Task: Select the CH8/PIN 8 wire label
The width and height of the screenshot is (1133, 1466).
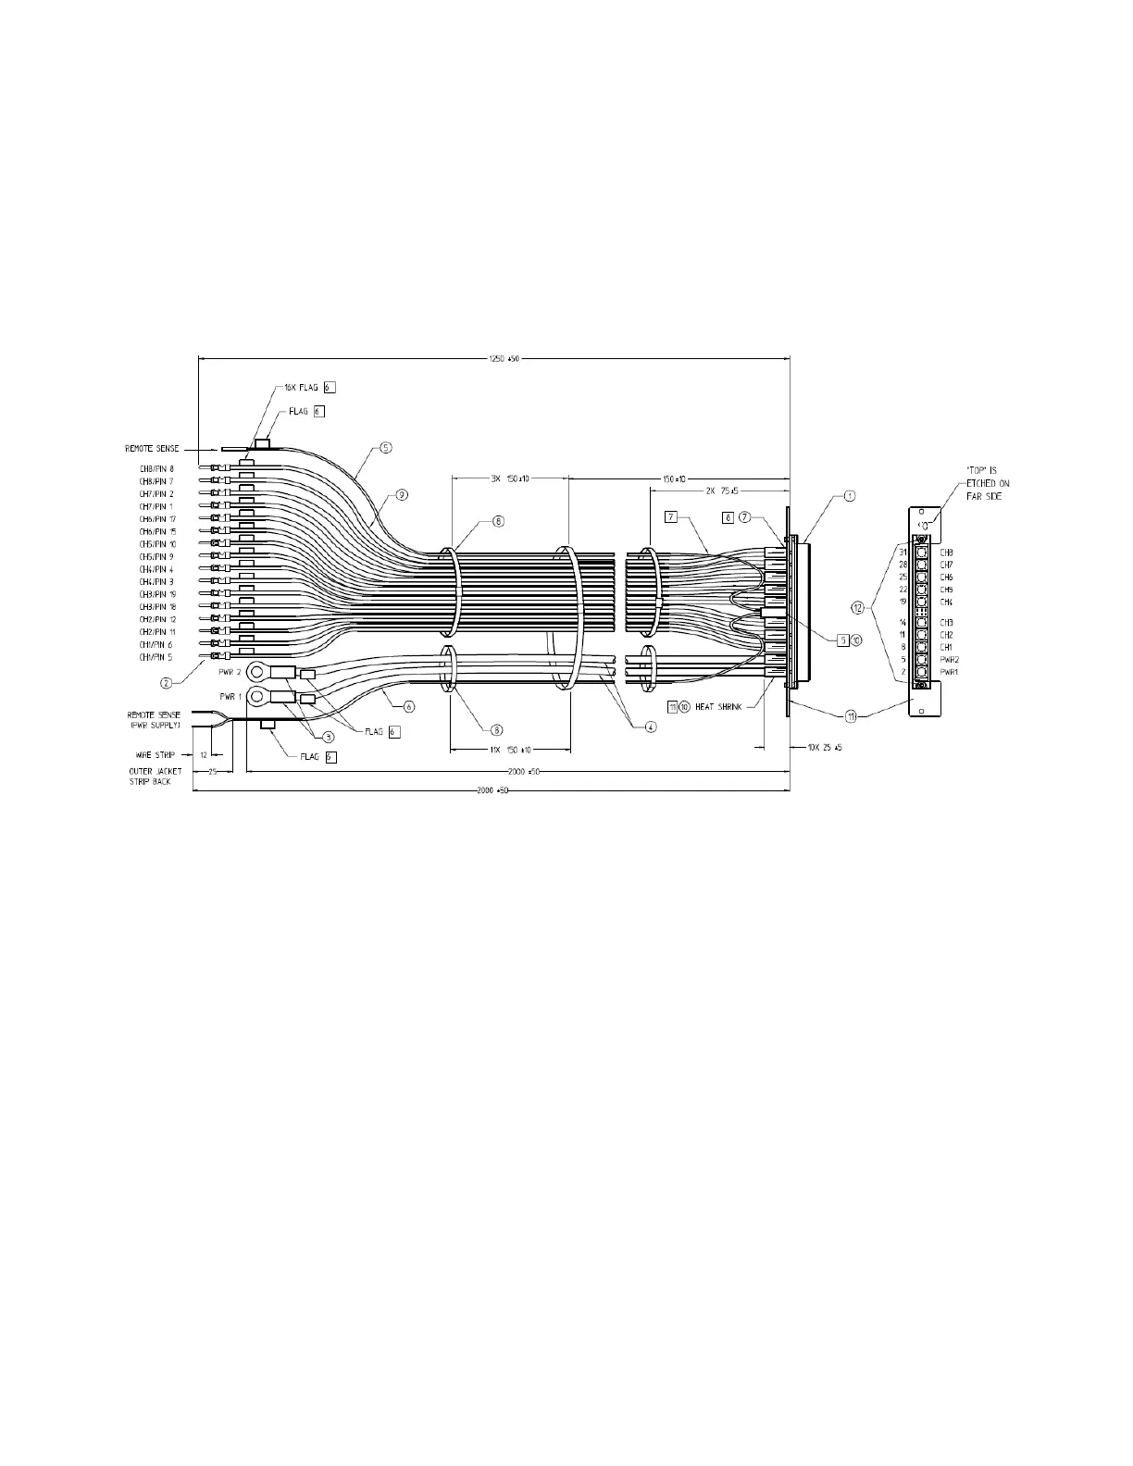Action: coord(156,468)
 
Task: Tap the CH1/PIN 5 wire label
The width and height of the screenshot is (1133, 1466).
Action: coord(156,656)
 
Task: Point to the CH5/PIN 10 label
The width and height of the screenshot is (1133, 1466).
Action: coord(157,543)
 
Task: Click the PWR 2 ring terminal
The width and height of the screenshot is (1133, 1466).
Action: coord(257,670)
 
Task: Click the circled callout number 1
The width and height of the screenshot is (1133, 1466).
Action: coord(850,496)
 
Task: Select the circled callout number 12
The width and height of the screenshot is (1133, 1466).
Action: coord(859,608)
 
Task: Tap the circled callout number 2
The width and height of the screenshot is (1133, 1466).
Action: coord(167,683)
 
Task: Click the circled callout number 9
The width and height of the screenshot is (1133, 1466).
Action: coord(401,495)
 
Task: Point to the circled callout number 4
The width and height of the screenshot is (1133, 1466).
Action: coord(651,727)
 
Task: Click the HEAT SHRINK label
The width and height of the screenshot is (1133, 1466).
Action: coord(718,706)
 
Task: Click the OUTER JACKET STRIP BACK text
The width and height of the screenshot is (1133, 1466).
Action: coord(156,776)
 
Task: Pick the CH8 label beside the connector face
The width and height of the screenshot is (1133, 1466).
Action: coord(946,553)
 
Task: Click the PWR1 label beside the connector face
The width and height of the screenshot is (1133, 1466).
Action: coord(949,671)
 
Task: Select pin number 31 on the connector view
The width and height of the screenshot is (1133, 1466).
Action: coord(903,553)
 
